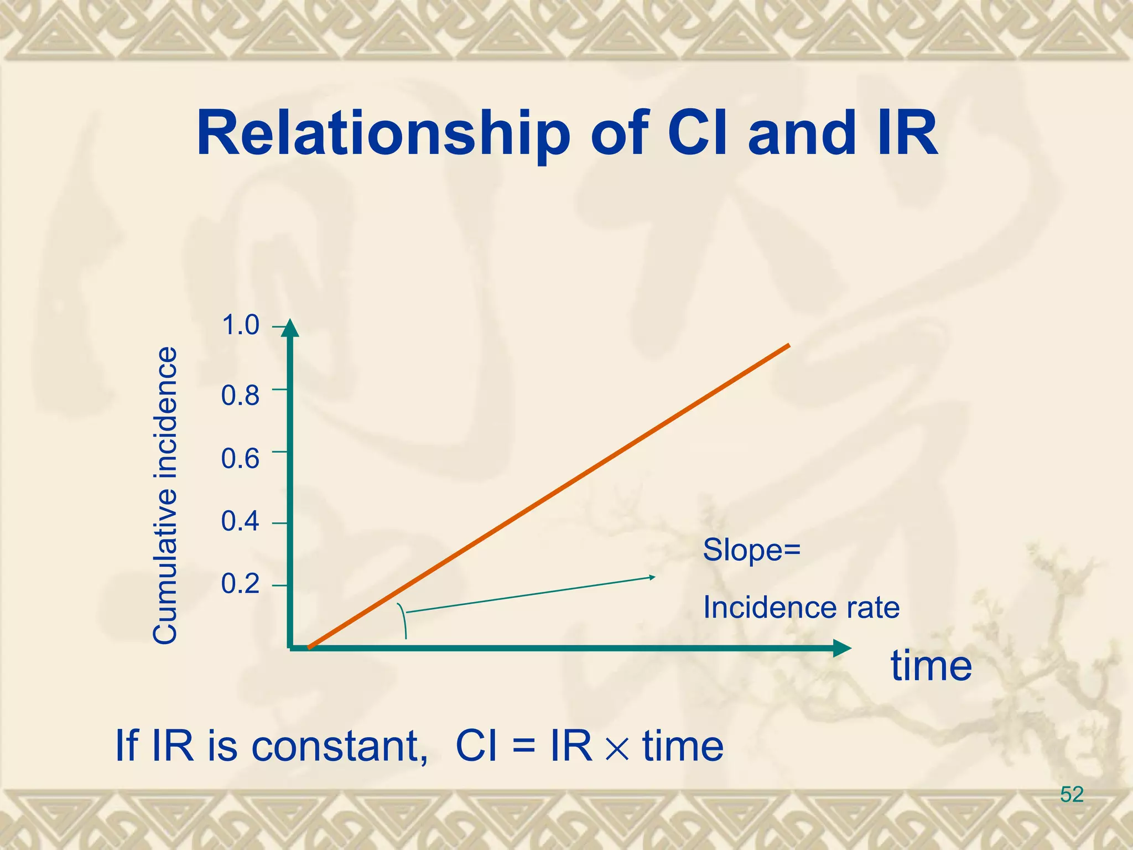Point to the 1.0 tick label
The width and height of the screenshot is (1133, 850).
[240, 325]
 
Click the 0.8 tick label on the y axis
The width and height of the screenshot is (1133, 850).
[240, 396]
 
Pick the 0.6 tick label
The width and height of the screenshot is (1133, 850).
[240, 459]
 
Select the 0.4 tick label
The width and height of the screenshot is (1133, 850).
[240, 521]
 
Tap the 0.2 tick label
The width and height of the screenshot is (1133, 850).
[240, 584]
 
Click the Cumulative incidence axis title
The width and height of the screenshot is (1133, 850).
[165, 495]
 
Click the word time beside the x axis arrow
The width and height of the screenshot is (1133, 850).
[931, 666]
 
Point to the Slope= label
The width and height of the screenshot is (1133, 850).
[751, 550]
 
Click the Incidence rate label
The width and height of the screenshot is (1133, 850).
[801, 608]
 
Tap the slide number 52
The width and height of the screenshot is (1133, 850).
[1071, 794]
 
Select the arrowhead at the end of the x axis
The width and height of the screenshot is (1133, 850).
[841, 648]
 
